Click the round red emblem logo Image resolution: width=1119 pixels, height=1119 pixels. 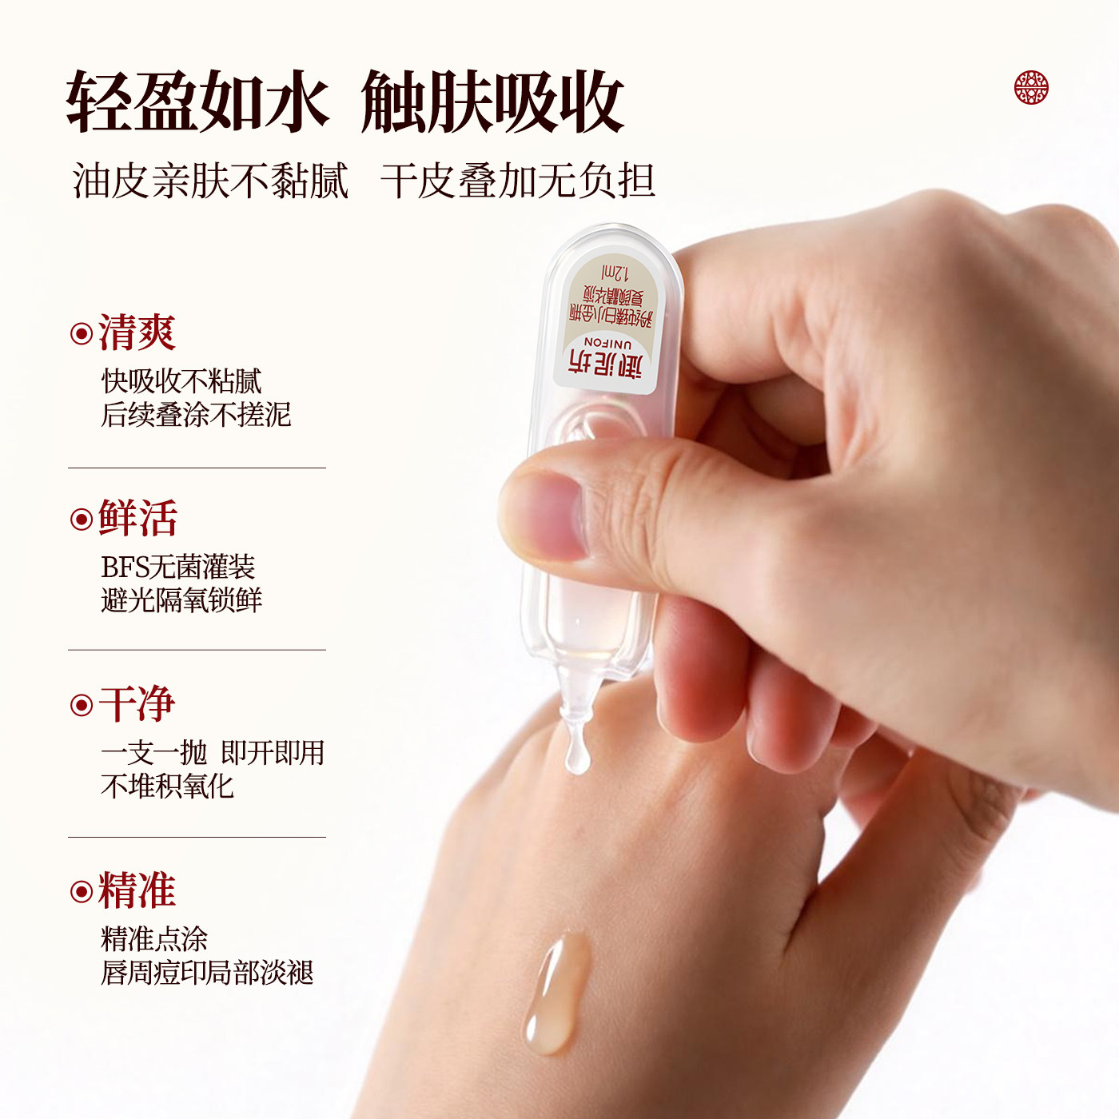tap(1031, 87)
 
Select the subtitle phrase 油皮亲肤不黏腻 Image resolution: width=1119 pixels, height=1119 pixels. tap(210, 181)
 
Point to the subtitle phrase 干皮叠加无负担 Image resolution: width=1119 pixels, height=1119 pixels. tap(518, 181)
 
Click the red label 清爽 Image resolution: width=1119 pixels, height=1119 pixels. tap(137, 333)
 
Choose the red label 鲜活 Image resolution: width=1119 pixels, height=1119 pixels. tap(137, 518)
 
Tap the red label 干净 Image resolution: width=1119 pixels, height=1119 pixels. tap(137, 704)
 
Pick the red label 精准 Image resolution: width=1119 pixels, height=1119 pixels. tap(137, 890)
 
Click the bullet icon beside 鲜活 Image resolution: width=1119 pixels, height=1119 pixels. tap(82, 520)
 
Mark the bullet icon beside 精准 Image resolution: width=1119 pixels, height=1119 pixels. tap(82, 891)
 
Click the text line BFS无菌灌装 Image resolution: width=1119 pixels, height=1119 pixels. tap(177, 567)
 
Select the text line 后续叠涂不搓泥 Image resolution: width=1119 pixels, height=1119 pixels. tap(196, 415)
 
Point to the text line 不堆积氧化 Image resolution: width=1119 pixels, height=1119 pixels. tap(167, 786)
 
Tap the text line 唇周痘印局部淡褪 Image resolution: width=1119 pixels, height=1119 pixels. tap(207, 973)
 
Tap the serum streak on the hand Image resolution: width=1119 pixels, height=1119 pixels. tap(557, 991)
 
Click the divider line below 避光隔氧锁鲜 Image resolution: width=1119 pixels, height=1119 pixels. tap(197, 650)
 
